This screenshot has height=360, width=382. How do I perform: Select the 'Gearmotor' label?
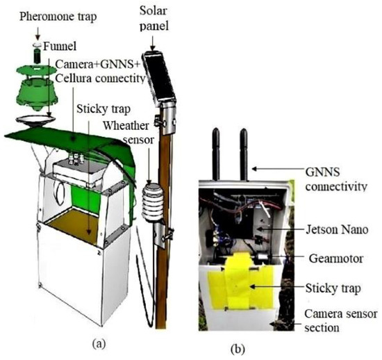pos(337,256)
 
